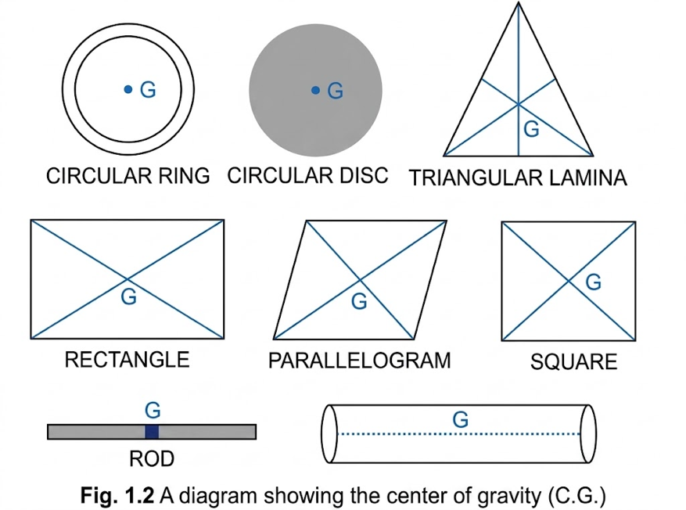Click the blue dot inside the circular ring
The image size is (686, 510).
tap(128, 90)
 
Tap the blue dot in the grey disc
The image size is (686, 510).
tap(315, 91)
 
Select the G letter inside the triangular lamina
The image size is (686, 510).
tap(531, 130)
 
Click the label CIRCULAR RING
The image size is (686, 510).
tap(128, 176)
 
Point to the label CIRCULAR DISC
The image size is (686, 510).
tap(307, 175)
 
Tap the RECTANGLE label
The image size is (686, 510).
tap(127, 360)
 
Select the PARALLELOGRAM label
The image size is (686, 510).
tap(359, 361)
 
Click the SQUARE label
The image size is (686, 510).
tap(573, 362)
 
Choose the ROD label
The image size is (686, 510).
tap(152, 459)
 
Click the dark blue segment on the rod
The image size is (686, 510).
tap(152, 432)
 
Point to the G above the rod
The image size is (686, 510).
tap(153, 411)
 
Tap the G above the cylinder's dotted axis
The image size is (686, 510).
tap(460, 419)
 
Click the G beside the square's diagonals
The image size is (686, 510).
tap(593, 282)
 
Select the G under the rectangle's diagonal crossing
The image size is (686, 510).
tap(128, 297)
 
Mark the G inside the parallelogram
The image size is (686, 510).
tap(359, 301)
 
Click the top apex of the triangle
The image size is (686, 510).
tap(519, 2)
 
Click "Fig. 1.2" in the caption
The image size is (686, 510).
tap(117, 496)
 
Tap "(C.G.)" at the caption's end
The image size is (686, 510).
tap(576, 496)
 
